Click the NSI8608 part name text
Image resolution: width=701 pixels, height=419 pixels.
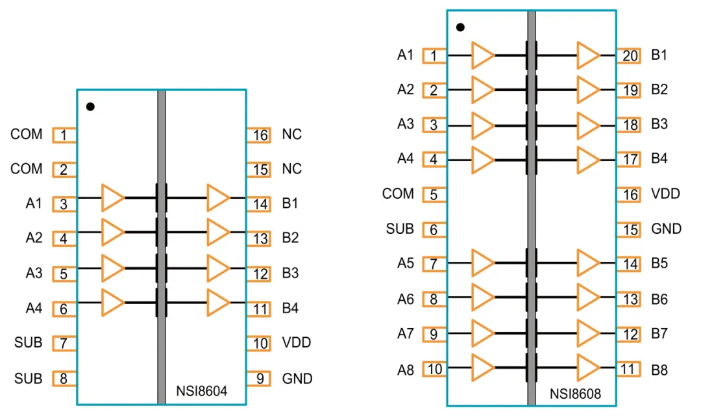575,394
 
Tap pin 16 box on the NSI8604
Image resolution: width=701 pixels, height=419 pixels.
259,135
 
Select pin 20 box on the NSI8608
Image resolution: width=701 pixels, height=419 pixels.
628,56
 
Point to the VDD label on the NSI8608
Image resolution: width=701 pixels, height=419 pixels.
665,194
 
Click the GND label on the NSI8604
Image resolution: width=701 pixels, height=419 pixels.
297,378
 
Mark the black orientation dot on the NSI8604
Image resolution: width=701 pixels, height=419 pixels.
90,107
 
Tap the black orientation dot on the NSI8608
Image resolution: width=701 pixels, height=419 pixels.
460,27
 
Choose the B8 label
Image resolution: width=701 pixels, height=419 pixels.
659,370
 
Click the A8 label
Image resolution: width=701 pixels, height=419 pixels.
406,370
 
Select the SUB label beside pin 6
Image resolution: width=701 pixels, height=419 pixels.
400,229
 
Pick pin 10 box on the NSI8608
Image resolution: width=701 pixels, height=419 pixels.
434,370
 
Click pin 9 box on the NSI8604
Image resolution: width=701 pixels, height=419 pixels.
259,378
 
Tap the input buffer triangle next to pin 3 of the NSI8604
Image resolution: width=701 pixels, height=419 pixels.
112,197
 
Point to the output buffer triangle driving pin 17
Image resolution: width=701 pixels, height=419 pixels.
587,159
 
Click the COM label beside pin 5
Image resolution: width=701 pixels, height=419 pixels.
398,194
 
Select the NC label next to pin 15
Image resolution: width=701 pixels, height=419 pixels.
292,169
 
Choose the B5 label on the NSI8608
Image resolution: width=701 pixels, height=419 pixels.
659,264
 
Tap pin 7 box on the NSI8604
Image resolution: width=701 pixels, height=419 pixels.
64,343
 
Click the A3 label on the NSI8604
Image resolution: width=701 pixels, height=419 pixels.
34,273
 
